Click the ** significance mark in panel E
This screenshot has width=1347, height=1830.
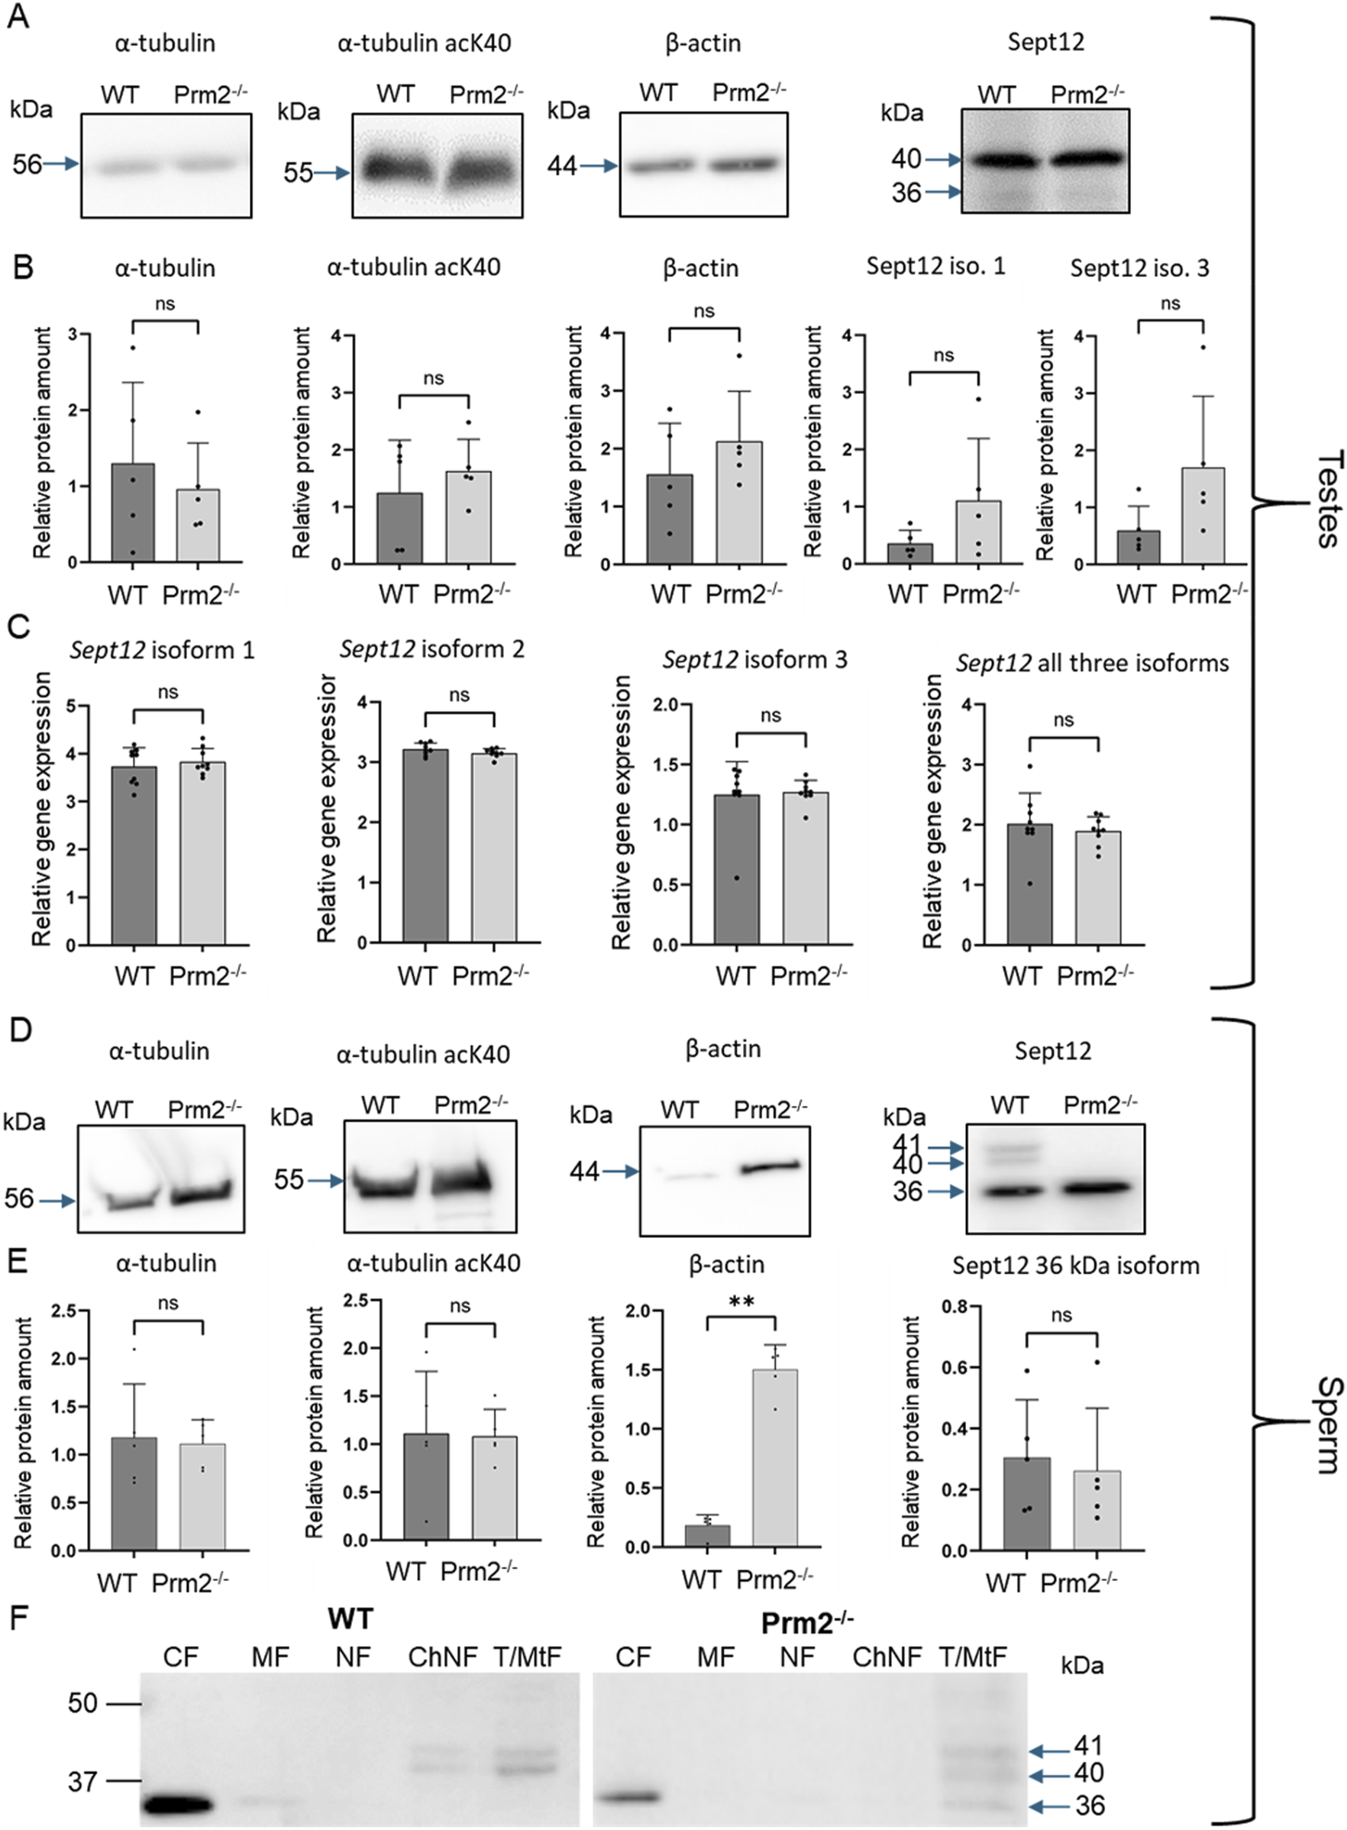[x=741, y=1301]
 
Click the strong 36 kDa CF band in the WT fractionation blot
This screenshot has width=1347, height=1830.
[x=178, y=1806]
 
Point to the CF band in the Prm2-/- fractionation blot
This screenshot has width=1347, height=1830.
[x=629, y=1796]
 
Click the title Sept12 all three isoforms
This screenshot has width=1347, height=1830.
[x=1093, y=663]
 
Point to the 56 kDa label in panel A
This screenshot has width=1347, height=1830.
[x=27, y=165]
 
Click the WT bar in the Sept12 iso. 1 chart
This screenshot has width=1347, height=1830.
[x=911, y=552]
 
